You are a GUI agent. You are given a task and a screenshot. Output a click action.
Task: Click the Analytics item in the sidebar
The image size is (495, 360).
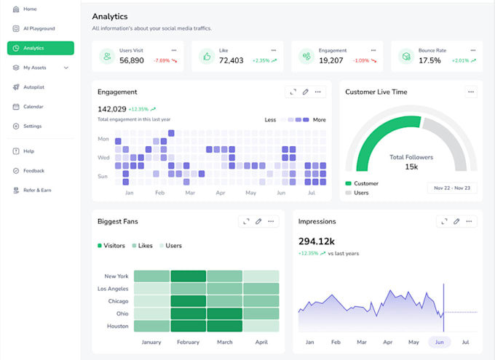pos(40,48)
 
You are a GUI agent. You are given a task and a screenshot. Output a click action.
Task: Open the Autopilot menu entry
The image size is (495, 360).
pos(33,87)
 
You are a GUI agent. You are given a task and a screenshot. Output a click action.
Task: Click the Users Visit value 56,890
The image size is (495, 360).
pos(132,60)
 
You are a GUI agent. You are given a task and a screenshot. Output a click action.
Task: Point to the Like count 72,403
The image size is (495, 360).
pos(231,60)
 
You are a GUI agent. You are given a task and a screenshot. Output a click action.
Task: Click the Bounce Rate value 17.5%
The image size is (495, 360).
pos(429,60)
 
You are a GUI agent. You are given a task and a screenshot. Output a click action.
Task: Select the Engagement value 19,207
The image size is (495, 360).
pos(332,60)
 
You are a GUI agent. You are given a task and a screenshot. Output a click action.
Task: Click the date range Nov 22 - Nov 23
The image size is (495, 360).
pos(452,188)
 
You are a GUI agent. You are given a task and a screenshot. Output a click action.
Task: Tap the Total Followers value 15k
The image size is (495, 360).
pos(411,167)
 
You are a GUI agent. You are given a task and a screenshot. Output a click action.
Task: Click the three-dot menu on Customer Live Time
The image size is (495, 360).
pos(471,92)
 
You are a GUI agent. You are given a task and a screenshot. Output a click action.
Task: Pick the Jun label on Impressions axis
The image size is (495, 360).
pos(438,342)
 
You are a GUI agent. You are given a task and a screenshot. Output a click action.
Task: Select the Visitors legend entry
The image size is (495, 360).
pos(111,246)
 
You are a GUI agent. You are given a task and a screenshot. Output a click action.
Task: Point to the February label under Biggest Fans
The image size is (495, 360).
pos(189,342)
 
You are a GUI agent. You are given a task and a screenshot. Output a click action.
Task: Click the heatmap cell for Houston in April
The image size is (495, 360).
pos(261,326)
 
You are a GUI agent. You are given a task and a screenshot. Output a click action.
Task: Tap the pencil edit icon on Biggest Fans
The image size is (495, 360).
pos(258,221)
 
